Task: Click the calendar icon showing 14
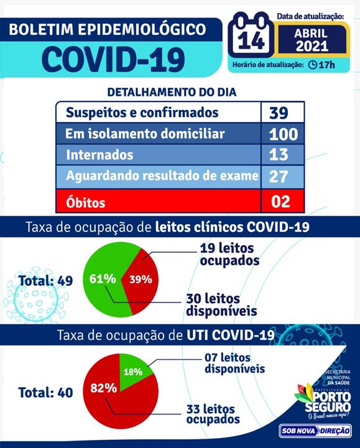click(x=251, y=35)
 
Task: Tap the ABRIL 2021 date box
click(x=312, y=40)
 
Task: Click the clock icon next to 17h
click(x=313, y=65)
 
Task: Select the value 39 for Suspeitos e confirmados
click(x=279, y=113)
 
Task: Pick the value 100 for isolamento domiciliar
click(x=283, y=134)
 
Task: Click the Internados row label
click(x=99, y=155)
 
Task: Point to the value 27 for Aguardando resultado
click(x=279, y=176)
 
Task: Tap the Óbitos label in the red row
click(x=85, y=202)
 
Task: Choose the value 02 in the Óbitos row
click(x=280, y=201)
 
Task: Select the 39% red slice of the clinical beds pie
click(x=141, y=279)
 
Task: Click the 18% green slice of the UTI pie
click(x=134, y=371)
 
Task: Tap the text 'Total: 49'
click(x=45, y=281)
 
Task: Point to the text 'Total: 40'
click(x=45, y=393)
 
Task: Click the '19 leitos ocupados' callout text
click(x=229, y=254)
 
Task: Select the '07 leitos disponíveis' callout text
click(x=234, y=363)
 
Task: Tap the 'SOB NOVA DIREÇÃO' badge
click(x=315, y=431)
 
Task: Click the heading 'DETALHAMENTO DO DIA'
click(x=172, y=92)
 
